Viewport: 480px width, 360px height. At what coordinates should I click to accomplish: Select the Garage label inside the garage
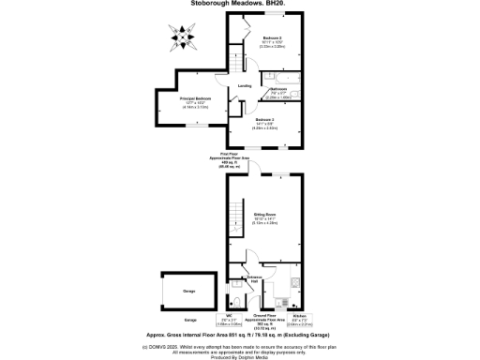coord(188,292)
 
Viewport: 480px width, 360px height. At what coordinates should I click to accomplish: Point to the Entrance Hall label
coord(254,278)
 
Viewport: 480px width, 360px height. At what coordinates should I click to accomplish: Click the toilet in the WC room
coord(235,300)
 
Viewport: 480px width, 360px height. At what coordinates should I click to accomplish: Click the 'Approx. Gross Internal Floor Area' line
coord(240,333)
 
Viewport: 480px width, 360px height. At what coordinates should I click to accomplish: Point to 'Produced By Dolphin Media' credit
coord(239,357)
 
